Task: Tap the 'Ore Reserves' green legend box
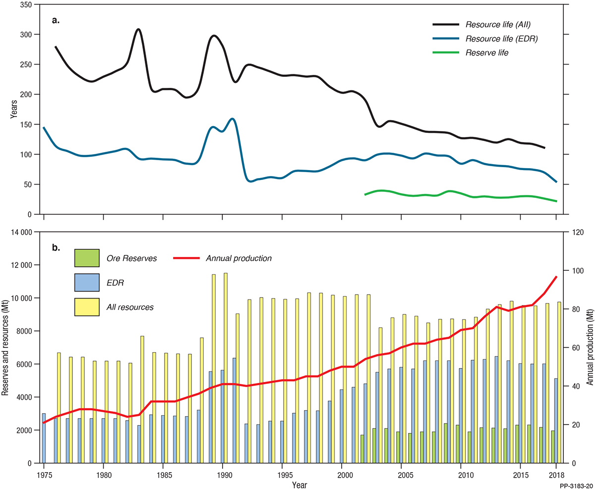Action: tap(87, 258)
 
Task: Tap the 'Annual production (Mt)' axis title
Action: tap(589, 348)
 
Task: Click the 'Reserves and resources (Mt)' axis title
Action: tap(5, 348)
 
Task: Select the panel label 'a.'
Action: tap(56, 21)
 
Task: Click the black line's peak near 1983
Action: tap(138, 30)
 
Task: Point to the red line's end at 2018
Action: tap(556, 277)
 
